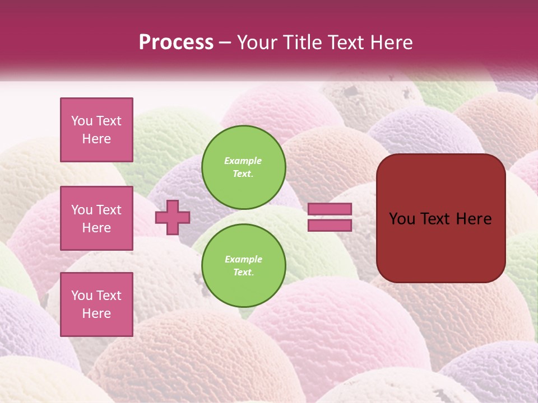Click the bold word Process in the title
point(176,42)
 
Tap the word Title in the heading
point(302,42)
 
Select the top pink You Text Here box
point(96,130)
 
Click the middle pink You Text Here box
point(96,218)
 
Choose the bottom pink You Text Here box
point(96,304)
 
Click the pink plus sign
point(172,217)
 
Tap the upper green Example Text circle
point(243,167)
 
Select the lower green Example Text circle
point(243,265)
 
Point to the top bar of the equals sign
point(330,209)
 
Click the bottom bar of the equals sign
point(330,225)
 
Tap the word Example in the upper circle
point(243,161)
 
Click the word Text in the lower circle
point(243,273)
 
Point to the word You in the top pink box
point(81,121)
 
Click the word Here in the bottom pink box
point(96,313)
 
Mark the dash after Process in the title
point(225,43)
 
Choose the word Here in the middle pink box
point(96,228)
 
